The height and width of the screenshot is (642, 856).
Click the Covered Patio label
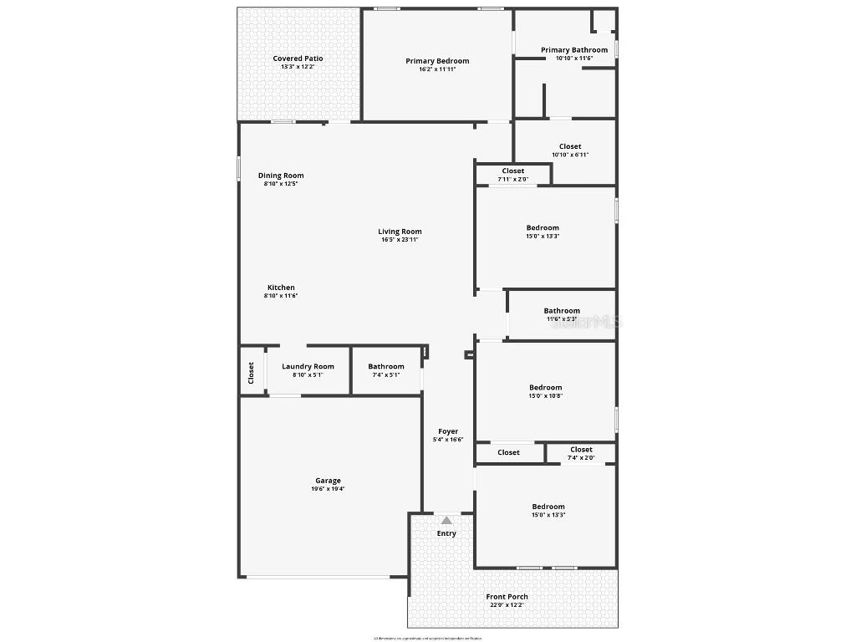(x=298, y=59)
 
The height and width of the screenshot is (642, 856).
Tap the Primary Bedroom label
(x=437, y=61)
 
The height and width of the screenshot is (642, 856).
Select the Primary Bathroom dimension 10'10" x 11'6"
(x=574, y=59)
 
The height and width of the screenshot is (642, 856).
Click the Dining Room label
(x=281, y=176)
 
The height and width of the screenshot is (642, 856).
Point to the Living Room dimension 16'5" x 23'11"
(x=400, y=240)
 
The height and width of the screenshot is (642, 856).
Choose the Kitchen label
(x=281, y=288)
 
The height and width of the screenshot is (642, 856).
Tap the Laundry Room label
(x=308, y=366)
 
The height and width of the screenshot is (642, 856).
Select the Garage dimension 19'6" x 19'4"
(x=328, y=489)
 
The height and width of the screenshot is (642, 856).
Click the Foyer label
(x=448, y=431)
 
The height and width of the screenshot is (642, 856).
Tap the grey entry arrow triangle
(x=446, y=520)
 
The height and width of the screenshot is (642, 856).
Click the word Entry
(x=446, y=533)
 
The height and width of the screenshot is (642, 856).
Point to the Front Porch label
(x=507, y=597)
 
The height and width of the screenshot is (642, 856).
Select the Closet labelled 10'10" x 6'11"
(x=570, y=146)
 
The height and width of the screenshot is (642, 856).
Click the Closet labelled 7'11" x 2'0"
(x=513, y=171)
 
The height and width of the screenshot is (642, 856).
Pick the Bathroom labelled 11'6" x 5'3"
(x=562, y=311)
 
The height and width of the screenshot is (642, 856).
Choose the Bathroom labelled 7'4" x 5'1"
(x=386, y=366)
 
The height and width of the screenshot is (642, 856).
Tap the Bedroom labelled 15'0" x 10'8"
(x=545, y=387)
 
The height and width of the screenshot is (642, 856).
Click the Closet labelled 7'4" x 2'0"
(x=581, y=450)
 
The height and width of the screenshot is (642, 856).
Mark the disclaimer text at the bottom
(x=427, y=638)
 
